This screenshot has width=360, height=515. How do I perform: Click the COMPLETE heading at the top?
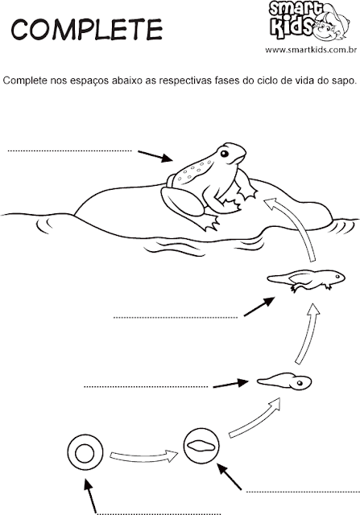pos(87,29)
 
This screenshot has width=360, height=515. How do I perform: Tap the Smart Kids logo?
pos(308,20)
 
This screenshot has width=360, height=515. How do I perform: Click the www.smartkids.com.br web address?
pos(311,50)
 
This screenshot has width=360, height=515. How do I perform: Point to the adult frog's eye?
pos(225,154)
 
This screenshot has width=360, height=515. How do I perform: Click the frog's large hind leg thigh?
pos(182,202)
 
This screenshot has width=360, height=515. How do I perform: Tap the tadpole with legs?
pos(306,280)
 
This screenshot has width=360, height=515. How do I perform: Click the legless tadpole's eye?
pos(300,383)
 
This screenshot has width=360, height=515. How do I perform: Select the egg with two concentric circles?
pos(85,452)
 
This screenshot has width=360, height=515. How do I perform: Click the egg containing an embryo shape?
pos(201,445)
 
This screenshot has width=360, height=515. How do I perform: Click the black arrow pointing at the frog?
pos(155,156)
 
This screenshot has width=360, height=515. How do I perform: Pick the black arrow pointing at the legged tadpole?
pos(259,307)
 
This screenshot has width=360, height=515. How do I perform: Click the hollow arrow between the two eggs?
pos(143,456)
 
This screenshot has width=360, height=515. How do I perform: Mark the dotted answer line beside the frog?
pos(69,151)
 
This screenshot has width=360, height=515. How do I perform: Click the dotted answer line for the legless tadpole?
pos(146,387)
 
